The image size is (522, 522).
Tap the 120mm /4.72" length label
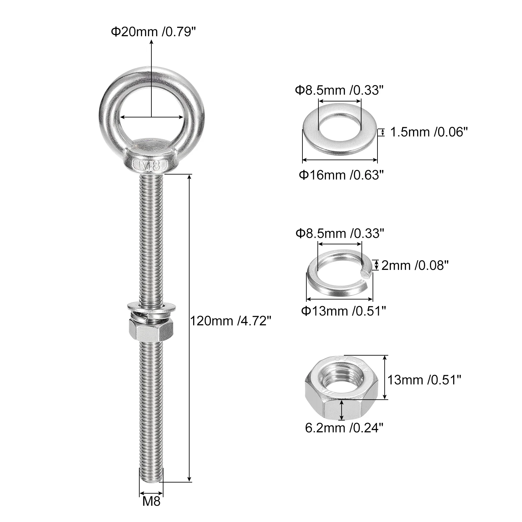pyautogui.click(x=231, y=321)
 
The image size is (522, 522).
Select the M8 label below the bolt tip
pyautogui.click(x=151, y=501)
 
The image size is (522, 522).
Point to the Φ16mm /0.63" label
pyautogui.click(x=341, y=175)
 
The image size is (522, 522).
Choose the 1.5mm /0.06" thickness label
pyautogui.click(x=429, y=132)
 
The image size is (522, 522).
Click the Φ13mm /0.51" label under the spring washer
pyautogui.click(x=343, y=311)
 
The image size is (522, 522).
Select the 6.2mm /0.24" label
pyautogui.click(x=344, y=428)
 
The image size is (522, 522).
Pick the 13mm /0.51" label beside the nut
pyautogui.click(x=424, y=380)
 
